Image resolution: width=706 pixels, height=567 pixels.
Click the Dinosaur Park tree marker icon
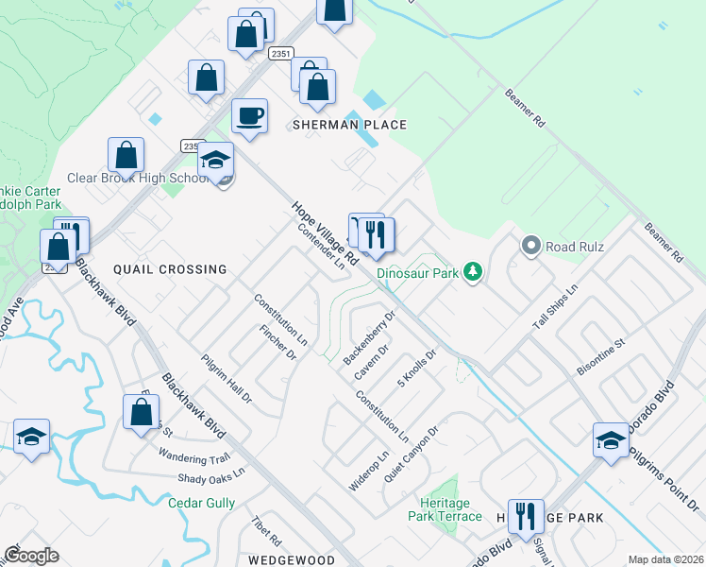pyautogui.click(x=473, y=273)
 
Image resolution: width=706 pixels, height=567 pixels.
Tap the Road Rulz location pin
pyautogui.click(x=530, y=247)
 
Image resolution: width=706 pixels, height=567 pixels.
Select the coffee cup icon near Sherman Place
pyautogui.click(x=249, y=116)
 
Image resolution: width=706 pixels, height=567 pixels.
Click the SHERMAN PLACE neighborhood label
pyautogui.click(x=349, y=125)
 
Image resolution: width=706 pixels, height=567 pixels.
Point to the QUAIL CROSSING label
pyautogui.click(x=170, y=269)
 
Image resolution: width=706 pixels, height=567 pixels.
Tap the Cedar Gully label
pyautogui.click(x=201, y=504)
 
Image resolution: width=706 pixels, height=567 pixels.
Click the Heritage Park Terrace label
pyautogui.click(x=445, y=510)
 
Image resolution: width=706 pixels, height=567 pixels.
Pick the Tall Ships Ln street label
pyautogui.click(x=554, y=304)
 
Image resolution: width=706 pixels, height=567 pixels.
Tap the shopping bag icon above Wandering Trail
pyautogui.click(x=141, y=412)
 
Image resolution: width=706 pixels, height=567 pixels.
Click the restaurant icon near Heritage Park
pyautogui.click(x=526, y=516)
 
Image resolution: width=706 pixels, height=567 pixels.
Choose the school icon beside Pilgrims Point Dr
pyautogui.click(x=611, y=440)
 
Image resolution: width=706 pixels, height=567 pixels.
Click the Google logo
pyautogui.click(x=31, y=556)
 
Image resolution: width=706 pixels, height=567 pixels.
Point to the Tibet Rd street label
pyautogui.click(x=267, y=531)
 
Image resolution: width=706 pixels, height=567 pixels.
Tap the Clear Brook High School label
pyautogui.click(x=138, y=178)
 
